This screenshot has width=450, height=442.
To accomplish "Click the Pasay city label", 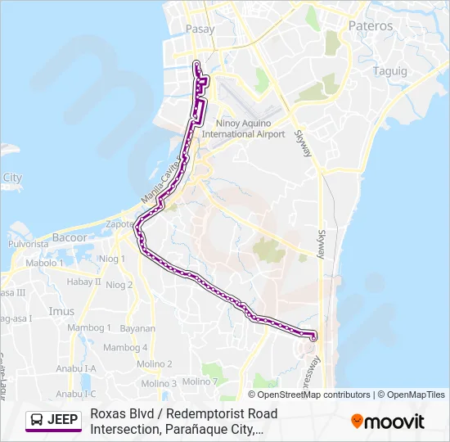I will pyautogui.click(x=200, y=29).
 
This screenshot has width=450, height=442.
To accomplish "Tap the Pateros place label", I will pyautogui.click(x=371, y=26).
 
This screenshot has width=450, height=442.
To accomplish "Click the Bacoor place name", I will pyautogui.click(x=69, y=237).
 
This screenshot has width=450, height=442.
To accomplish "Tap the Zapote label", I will pyautogui.click(x=119, y=223).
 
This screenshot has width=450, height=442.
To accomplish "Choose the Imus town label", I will pyautogui.click(x=61, y=311).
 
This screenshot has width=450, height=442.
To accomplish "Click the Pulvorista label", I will pyautogui.click(x=29, y=244).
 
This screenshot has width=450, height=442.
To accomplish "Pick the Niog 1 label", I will pyautogui.click(x=111, y=259).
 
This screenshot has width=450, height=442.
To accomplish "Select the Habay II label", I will pyautogui.click(x=83, y=282).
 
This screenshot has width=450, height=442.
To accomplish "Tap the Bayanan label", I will pyautogui.click(x=137, y=327).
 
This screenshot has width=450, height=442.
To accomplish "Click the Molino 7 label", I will pyautogui.click(x=200, y=381).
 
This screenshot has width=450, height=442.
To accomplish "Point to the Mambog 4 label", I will pyautogui.click(x=127, y=347).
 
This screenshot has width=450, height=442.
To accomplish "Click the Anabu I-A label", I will pyautogui.click(x=78, y=368).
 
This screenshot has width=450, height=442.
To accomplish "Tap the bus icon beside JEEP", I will pyautogui.click(x=37, y=420).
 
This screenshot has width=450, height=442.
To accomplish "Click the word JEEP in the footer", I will pyautogui.click(x=63, y=420).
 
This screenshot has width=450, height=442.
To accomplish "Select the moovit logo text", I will pyautogui.click(x=394, y=422).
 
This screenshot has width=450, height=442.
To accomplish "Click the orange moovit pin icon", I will pyautogui.click(x=357, y=422).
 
